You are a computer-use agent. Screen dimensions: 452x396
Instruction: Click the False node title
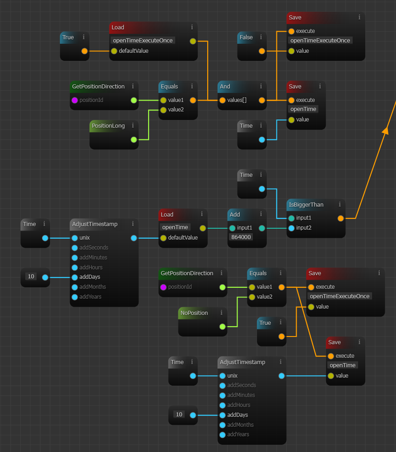pyautogui.click(x=246, y=37)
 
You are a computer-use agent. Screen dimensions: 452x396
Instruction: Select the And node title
pyautogui.click(x=225, y=87)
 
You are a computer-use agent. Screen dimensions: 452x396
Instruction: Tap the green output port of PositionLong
pyautogui.click(x=134, y=139)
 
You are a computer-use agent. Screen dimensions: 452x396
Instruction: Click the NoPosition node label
pyautogui.click(x=194, y=313)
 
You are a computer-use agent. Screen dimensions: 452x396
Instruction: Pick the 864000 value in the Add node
pyautogui.click(x=241, y=237)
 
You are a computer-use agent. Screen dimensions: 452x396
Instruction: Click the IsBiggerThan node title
pyautogui.click(x=306, y=205)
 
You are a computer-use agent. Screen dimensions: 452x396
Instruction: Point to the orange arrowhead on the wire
pyautogui.click(x=385, y=130)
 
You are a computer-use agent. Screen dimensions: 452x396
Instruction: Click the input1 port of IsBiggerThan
pyautogui.click(x=291, y=218)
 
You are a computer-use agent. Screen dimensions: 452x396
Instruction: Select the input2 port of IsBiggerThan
pyautogui.click(x=291, y=228)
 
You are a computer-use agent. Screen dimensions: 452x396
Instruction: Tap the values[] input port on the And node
pyautogui.click(x=222, y=100)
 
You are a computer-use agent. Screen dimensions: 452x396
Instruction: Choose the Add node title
pyautogui.click(x=235, y=215)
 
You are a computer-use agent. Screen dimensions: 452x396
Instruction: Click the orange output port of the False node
pyautogui.click(x=262, y=51)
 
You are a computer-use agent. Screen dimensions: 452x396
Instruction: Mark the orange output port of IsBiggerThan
pyautogui.click(x=340, y=218)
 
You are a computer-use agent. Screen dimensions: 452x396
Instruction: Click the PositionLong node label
pyautogui.click(x=108, y=126)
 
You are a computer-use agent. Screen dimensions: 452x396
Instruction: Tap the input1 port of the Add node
pyautogui.click(x=232, y=228)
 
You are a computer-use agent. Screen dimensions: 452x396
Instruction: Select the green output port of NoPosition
pyautogui.click(x=222, y=327)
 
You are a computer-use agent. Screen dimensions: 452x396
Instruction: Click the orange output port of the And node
pyautogui.click(x=262, y=100)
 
